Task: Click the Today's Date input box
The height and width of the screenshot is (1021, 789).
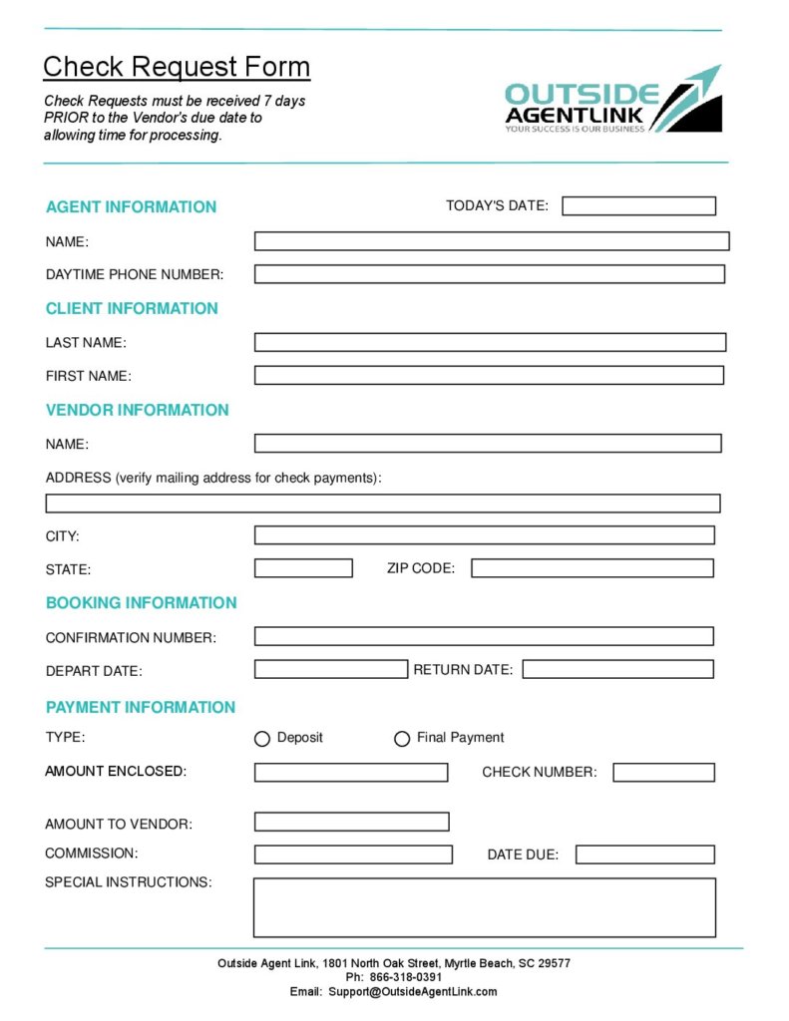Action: [638, 206]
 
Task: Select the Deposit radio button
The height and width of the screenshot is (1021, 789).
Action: [262, 739]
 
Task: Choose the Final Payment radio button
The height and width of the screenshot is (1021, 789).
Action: [402, 739]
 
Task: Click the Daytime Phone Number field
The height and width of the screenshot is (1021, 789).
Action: [489, 274]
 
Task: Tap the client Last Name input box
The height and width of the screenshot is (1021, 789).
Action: [490, 342]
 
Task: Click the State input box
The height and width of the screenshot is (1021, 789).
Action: [303, 568]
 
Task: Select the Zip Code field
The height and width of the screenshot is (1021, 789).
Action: [592, 568]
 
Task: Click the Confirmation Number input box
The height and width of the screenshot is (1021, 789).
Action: [484, 636]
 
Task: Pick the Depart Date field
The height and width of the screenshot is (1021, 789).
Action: [331, 669]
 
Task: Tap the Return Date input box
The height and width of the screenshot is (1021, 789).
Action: [617, 669]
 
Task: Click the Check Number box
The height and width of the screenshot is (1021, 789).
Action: [663, 772]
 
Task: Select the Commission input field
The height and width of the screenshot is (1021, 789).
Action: [353, 854]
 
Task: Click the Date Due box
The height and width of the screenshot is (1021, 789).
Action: [644, 854]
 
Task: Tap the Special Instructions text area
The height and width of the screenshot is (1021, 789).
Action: [484, 907]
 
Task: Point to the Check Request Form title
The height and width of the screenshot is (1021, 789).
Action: [177, 67]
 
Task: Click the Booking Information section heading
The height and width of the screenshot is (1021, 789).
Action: [141, 603]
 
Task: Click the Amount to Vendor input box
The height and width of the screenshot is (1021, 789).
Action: [351, 822]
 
